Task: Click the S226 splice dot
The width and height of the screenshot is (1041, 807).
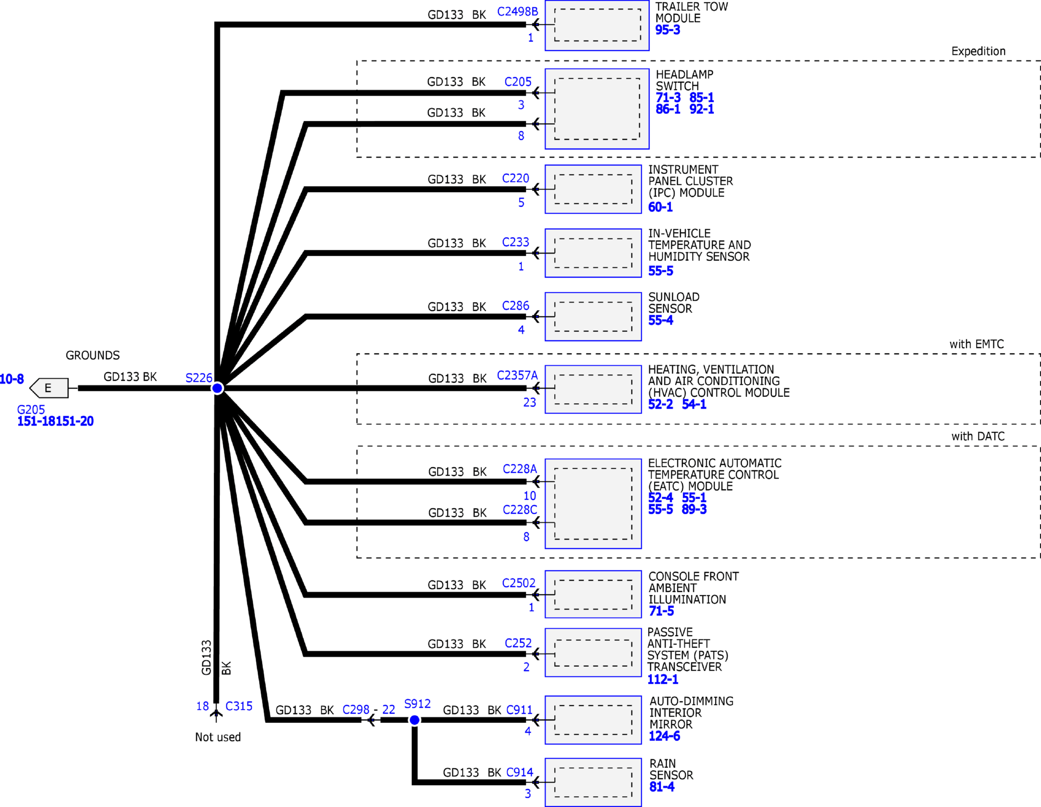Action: coord(217,388)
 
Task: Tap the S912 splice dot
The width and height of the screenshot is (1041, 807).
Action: coord(414,720)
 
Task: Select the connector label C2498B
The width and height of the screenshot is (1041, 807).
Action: coord(518,11)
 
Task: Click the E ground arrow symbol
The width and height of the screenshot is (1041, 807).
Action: coord(49,388)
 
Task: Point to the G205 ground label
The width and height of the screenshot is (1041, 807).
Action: coord(31,410)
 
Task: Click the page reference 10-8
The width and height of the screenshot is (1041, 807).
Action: coord(12,379)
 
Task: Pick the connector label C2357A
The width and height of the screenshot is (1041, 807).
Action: coord(517,375)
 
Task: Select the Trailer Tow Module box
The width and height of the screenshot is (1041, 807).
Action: coord(597,25)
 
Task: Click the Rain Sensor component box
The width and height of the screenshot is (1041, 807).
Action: coord(593,782)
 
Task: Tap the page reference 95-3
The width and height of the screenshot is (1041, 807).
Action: coord(668,30)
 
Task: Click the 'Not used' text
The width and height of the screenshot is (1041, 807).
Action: coord(218,737)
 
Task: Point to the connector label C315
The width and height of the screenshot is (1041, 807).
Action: coord(239,706)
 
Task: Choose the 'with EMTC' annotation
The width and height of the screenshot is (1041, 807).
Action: coord(976,344)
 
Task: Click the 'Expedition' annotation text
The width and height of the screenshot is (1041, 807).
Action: coord(978,51)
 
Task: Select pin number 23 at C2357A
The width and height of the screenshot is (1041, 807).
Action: coord(530,402)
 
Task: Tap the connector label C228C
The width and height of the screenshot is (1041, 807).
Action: coord(520,509)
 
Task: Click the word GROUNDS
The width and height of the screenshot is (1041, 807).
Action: coord(93,355)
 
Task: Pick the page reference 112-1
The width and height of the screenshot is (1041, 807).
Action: coord(663,679)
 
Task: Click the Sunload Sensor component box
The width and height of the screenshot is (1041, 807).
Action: coord(593,317)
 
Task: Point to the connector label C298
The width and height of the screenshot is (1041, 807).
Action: coord(356,709)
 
